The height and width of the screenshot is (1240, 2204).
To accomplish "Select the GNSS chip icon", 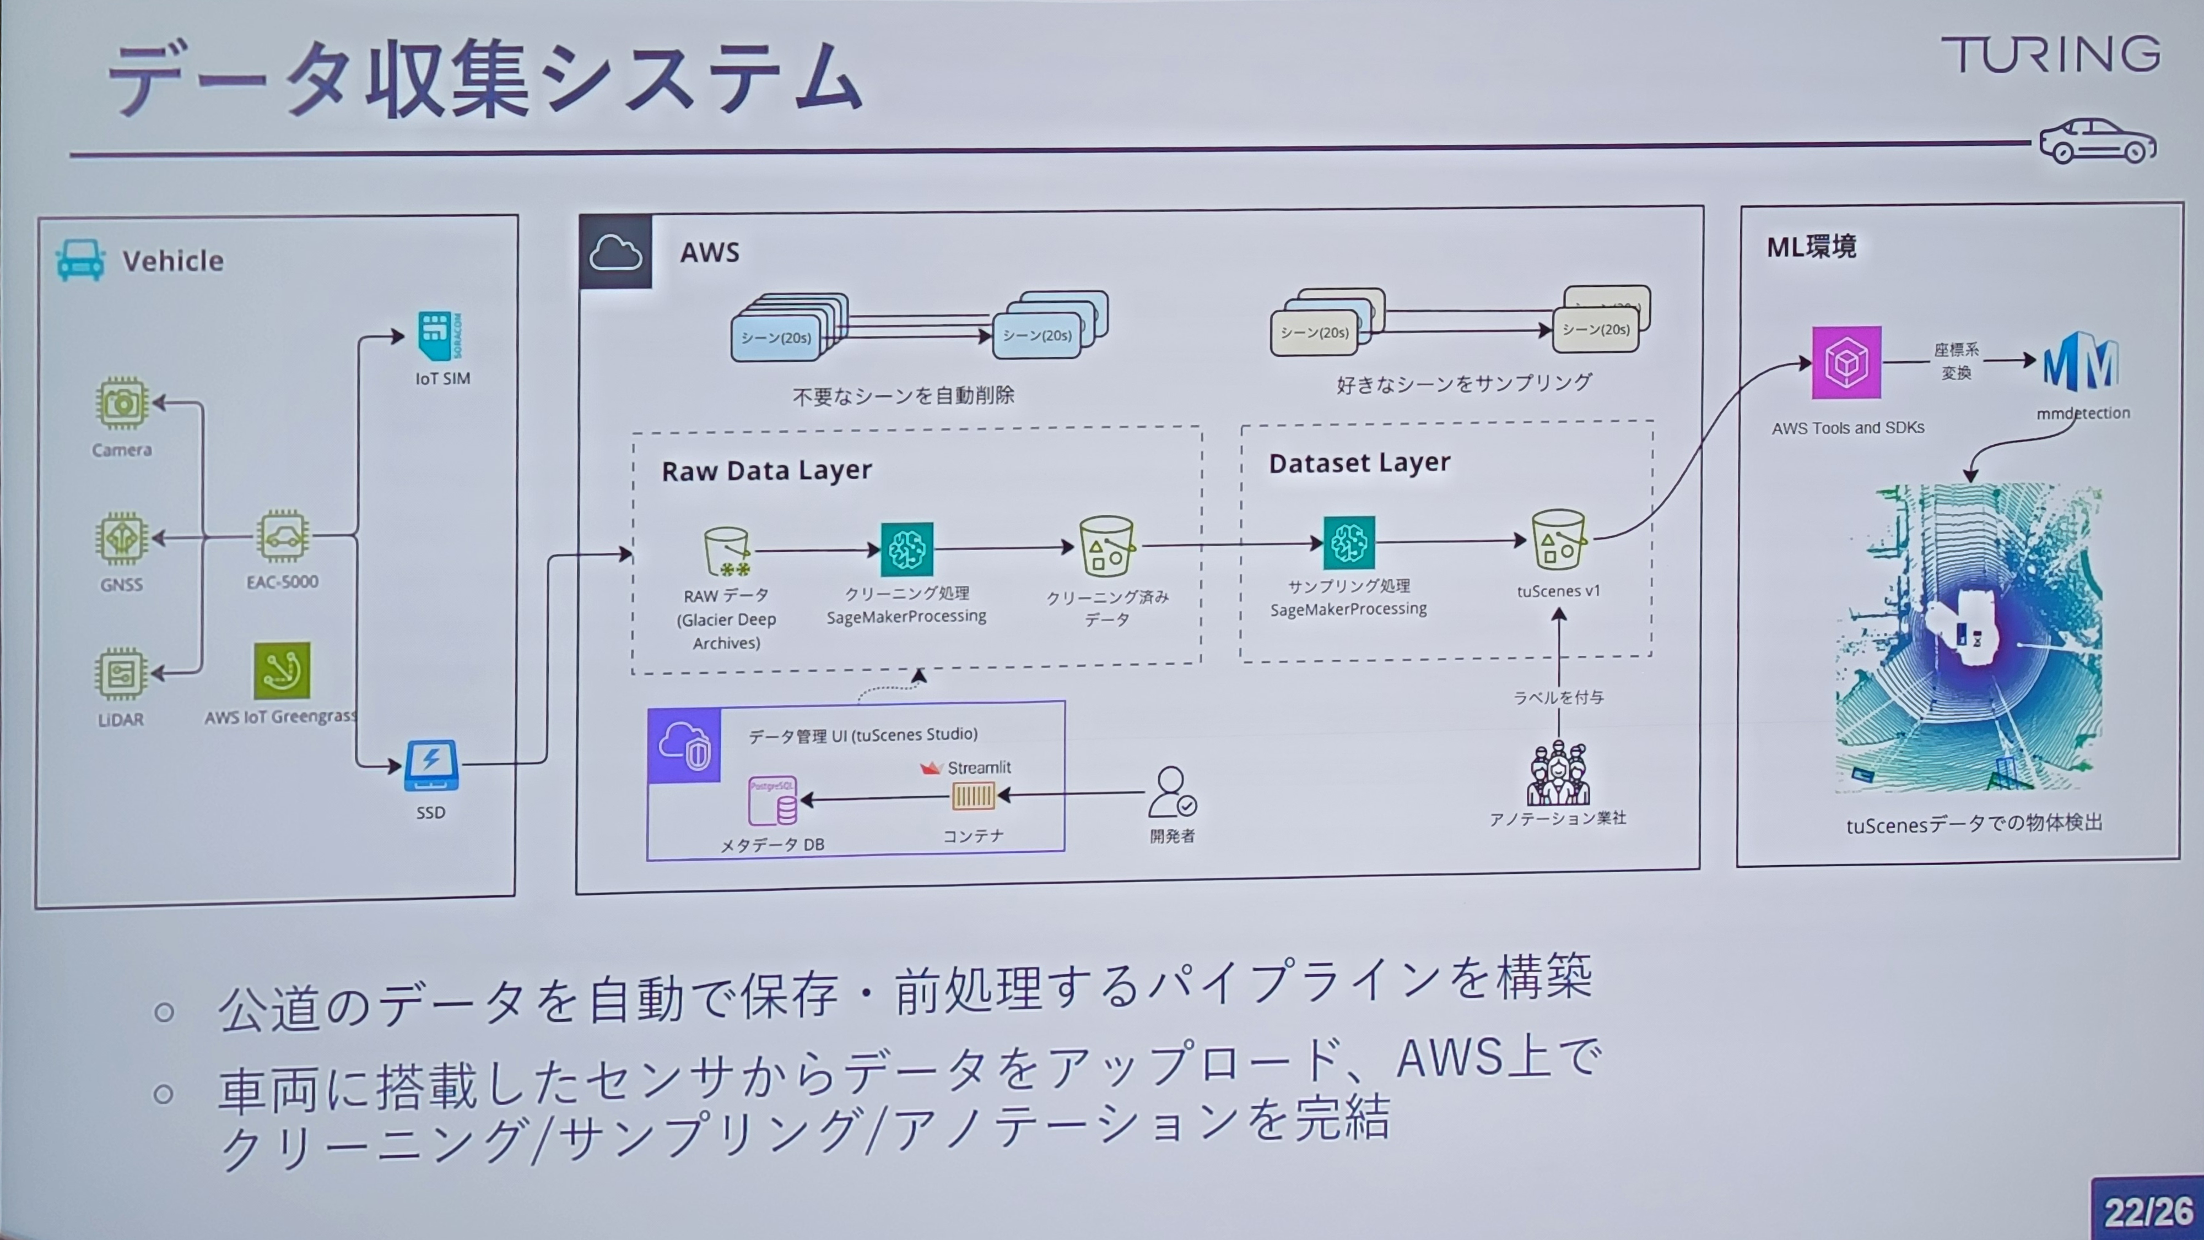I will [x=121, y=539].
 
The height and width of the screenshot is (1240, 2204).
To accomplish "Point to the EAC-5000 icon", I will [x=282, y=536].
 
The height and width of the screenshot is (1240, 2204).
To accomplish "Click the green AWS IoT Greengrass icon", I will [x=282, y=671].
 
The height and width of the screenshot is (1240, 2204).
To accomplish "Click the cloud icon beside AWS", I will [x=615, y=252].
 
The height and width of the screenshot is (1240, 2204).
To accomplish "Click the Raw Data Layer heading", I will [x=766, y=470].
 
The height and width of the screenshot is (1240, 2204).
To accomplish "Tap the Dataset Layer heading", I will [x=1359, y=463].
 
